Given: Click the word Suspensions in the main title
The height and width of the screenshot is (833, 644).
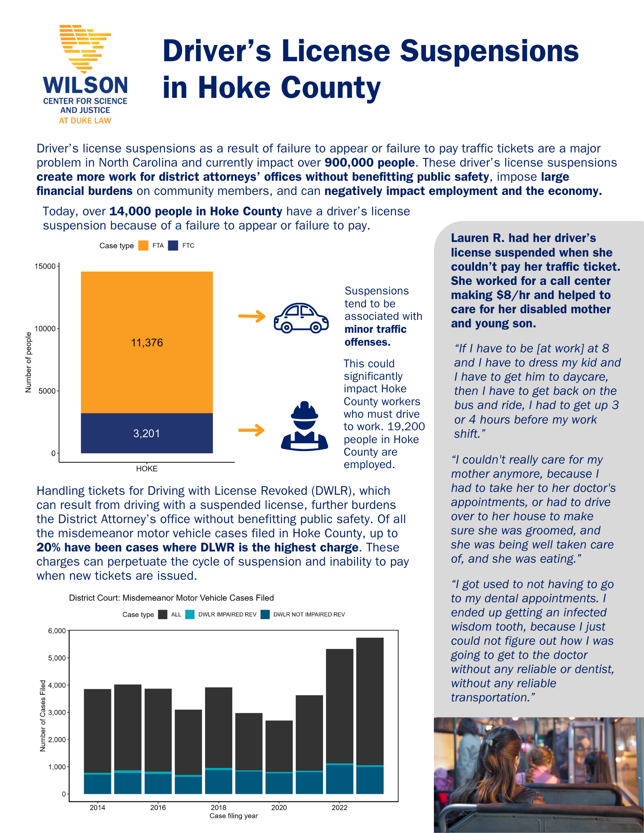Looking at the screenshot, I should (x=489, y=51).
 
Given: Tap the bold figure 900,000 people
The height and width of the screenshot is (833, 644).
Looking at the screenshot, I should (x=370, y=163).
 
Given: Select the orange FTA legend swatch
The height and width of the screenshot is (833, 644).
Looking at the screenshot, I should (x=143, y=246).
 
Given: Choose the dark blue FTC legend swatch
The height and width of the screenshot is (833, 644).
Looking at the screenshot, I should (x=173, y=246).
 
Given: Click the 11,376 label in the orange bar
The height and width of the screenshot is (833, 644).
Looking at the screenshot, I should (x=147, y=343).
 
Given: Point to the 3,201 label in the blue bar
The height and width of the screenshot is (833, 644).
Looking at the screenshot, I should (x=147, y=434).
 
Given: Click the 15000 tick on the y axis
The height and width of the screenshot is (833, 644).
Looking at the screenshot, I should (x=45, y=266).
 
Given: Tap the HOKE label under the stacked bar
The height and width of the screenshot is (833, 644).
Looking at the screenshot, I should (x=147, y=469).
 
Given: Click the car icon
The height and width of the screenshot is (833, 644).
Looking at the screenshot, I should (x=301, y=318).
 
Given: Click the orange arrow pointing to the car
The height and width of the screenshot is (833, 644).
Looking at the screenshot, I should (x=252, y=317).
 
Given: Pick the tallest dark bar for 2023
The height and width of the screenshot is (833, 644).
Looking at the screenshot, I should (x=370, y=700).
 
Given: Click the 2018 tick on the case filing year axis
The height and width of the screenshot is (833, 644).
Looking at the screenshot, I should (x=218, y=808).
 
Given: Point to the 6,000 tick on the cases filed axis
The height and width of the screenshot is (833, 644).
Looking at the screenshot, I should (x=57, y=631).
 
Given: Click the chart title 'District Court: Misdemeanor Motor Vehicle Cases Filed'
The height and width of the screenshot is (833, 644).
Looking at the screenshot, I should (x=171, y=598).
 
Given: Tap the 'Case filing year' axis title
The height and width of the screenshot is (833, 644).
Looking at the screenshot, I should (x=233, y=816).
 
